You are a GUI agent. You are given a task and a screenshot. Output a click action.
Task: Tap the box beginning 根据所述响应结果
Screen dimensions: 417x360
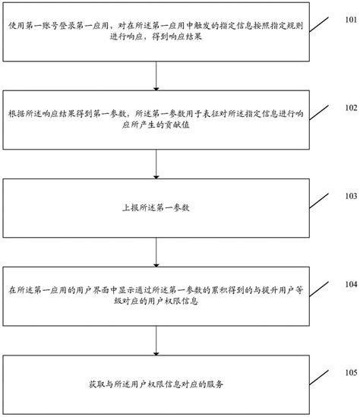pos(156,122)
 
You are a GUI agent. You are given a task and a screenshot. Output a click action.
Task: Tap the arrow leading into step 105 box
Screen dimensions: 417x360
pos(156,343)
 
